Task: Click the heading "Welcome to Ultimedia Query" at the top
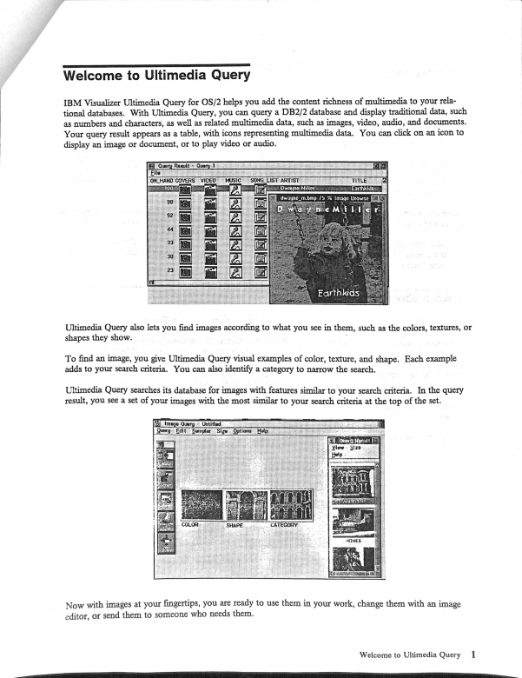[156, 75]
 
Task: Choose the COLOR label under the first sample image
[191, 525]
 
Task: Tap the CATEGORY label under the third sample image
[284, 525]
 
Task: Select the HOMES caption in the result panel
[354, 540]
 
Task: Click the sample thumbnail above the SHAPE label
[246, 505]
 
